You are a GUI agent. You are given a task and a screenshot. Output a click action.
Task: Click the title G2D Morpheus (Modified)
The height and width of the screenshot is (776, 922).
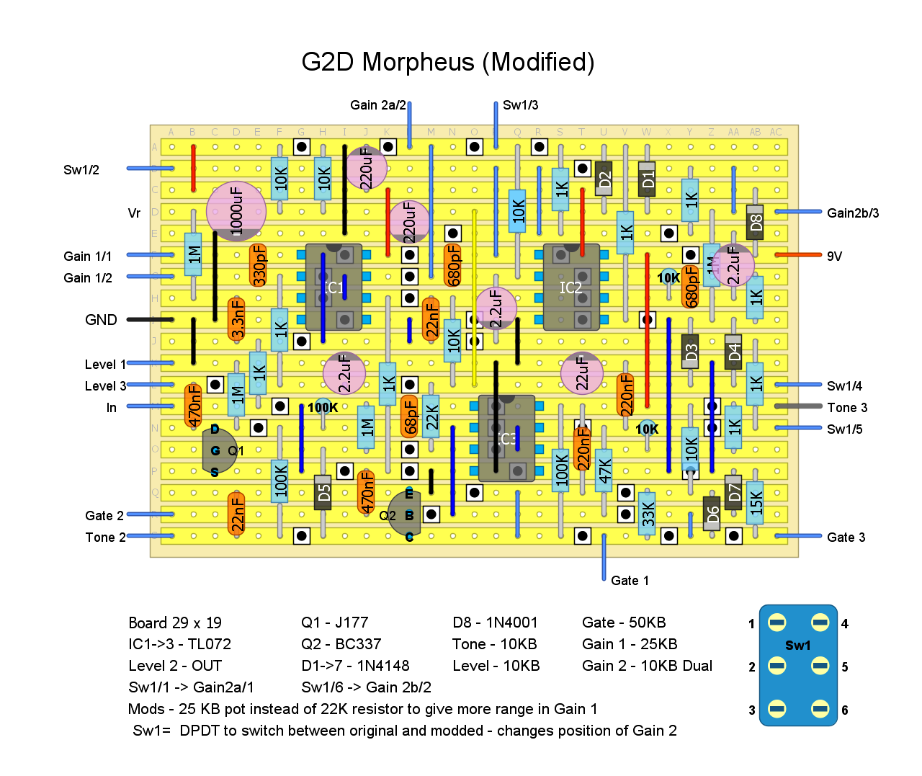click(x=447, y=63)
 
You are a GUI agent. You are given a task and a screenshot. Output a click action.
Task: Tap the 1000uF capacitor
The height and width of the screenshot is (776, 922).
click(x=236, y=211)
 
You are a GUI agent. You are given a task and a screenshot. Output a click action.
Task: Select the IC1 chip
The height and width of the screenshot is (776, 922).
click(x=334, y=287)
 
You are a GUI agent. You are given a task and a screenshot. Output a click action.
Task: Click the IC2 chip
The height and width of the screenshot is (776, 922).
click(x=571, y=287)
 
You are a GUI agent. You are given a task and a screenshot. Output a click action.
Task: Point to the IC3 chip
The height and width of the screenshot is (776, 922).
click(x=506, y=438)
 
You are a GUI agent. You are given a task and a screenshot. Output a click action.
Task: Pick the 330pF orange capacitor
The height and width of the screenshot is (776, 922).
click(x=258, y=264)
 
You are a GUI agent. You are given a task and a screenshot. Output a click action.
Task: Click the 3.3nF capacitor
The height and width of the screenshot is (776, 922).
click(x=236, y=318)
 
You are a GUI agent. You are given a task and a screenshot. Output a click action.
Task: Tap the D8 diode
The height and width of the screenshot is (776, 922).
click(x=755, y=222)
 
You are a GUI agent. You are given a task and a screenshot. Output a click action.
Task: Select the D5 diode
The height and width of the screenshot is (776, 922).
click(x=323, y=492)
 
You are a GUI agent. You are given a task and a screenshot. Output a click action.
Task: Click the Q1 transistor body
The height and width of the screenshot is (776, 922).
click(x=218, y=450)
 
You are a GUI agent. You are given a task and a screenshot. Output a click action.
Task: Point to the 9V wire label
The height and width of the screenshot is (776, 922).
click(x=834, y=257)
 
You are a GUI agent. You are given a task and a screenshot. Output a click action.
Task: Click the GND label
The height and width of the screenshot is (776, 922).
click(x=101, y=320)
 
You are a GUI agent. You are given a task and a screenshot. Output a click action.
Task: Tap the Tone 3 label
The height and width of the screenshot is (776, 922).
click(x=847, y=408)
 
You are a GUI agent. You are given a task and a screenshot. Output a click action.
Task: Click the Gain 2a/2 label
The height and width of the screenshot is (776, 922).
click(x=378, y=105)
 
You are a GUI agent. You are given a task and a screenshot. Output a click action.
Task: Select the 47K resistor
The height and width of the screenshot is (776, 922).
click(x=604, y=470)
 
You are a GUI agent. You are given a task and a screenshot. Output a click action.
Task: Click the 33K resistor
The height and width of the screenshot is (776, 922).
click(x=647, y=513)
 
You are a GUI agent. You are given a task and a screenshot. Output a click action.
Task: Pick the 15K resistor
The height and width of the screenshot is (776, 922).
click(x=755, y=501)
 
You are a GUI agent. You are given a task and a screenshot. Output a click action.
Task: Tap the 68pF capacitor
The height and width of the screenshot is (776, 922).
click(x=409, y=416)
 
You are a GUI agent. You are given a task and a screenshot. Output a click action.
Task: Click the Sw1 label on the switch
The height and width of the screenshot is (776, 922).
click(x=797, y=646)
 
